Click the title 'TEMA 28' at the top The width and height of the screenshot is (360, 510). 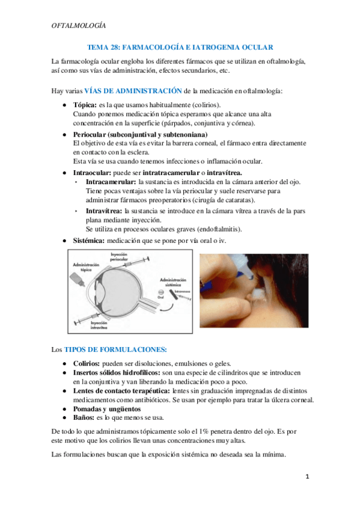click(103, 46)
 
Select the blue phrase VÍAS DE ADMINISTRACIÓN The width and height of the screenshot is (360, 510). click(132, 91)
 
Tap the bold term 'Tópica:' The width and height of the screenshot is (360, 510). click(85, 105)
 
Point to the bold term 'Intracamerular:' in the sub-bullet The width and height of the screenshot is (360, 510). click(111, 182)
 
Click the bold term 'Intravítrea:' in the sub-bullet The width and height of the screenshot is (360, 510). click(104, 211)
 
